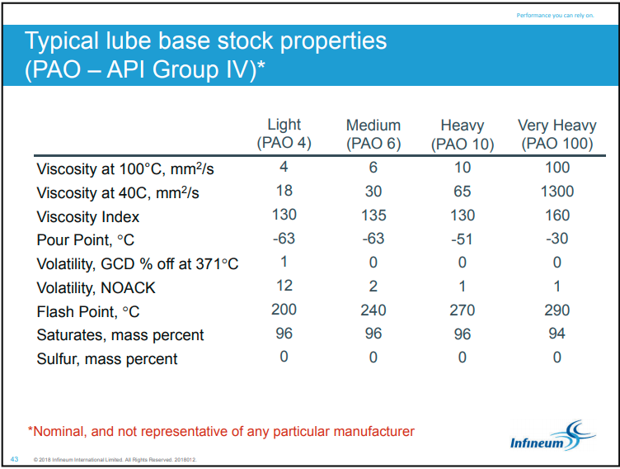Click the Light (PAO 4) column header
[284, 134]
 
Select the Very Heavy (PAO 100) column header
[557, 135]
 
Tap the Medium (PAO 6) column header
[373, 135]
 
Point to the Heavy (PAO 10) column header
[463, 135]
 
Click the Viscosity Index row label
[87, 216]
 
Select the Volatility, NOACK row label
[96, 288]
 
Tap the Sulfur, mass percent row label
[106, 359]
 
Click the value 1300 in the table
[557, 192]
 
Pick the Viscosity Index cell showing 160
[557, 215]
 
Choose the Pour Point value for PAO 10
[462, 239]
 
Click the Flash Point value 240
[373, 310]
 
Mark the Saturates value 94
[557, 333]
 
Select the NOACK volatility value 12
[284, 286]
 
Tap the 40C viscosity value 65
[463, 192]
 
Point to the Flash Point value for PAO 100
[557, 310]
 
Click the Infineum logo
[552, 437]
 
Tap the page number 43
[14, 459]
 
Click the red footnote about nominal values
[221, 431]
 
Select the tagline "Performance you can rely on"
[555, 16]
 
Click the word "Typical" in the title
[62, 41]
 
